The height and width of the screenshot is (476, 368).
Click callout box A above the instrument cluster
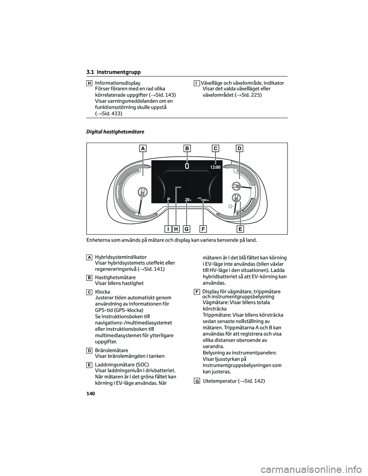click(x=143, y=148)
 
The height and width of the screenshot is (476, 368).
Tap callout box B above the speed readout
click(x=187, y=148)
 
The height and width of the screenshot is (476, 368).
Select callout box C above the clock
click(x=215, y=148)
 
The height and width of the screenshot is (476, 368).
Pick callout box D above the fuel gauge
click(x=240, y=148)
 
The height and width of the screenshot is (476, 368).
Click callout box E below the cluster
click(x=240, y=229)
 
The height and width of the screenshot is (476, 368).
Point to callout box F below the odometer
click(x=203, y=229)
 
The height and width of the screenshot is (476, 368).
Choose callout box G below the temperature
click(x=186, y=229)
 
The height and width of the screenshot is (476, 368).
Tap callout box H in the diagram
click(x=176, y=229)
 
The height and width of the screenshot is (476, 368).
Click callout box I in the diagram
click(x=168, y=229)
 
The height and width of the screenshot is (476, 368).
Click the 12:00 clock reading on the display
click(x=215, y=167)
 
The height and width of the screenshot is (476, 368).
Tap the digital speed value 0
click(x=187, y=166)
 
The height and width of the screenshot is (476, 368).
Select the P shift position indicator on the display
click(x=168, y=199)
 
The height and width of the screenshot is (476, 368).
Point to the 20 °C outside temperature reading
click(x=187, y=200)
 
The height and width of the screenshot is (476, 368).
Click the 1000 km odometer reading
click(x=204, y=200)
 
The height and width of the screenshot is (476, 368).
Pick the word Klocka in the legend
click(x=102, y=292)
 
